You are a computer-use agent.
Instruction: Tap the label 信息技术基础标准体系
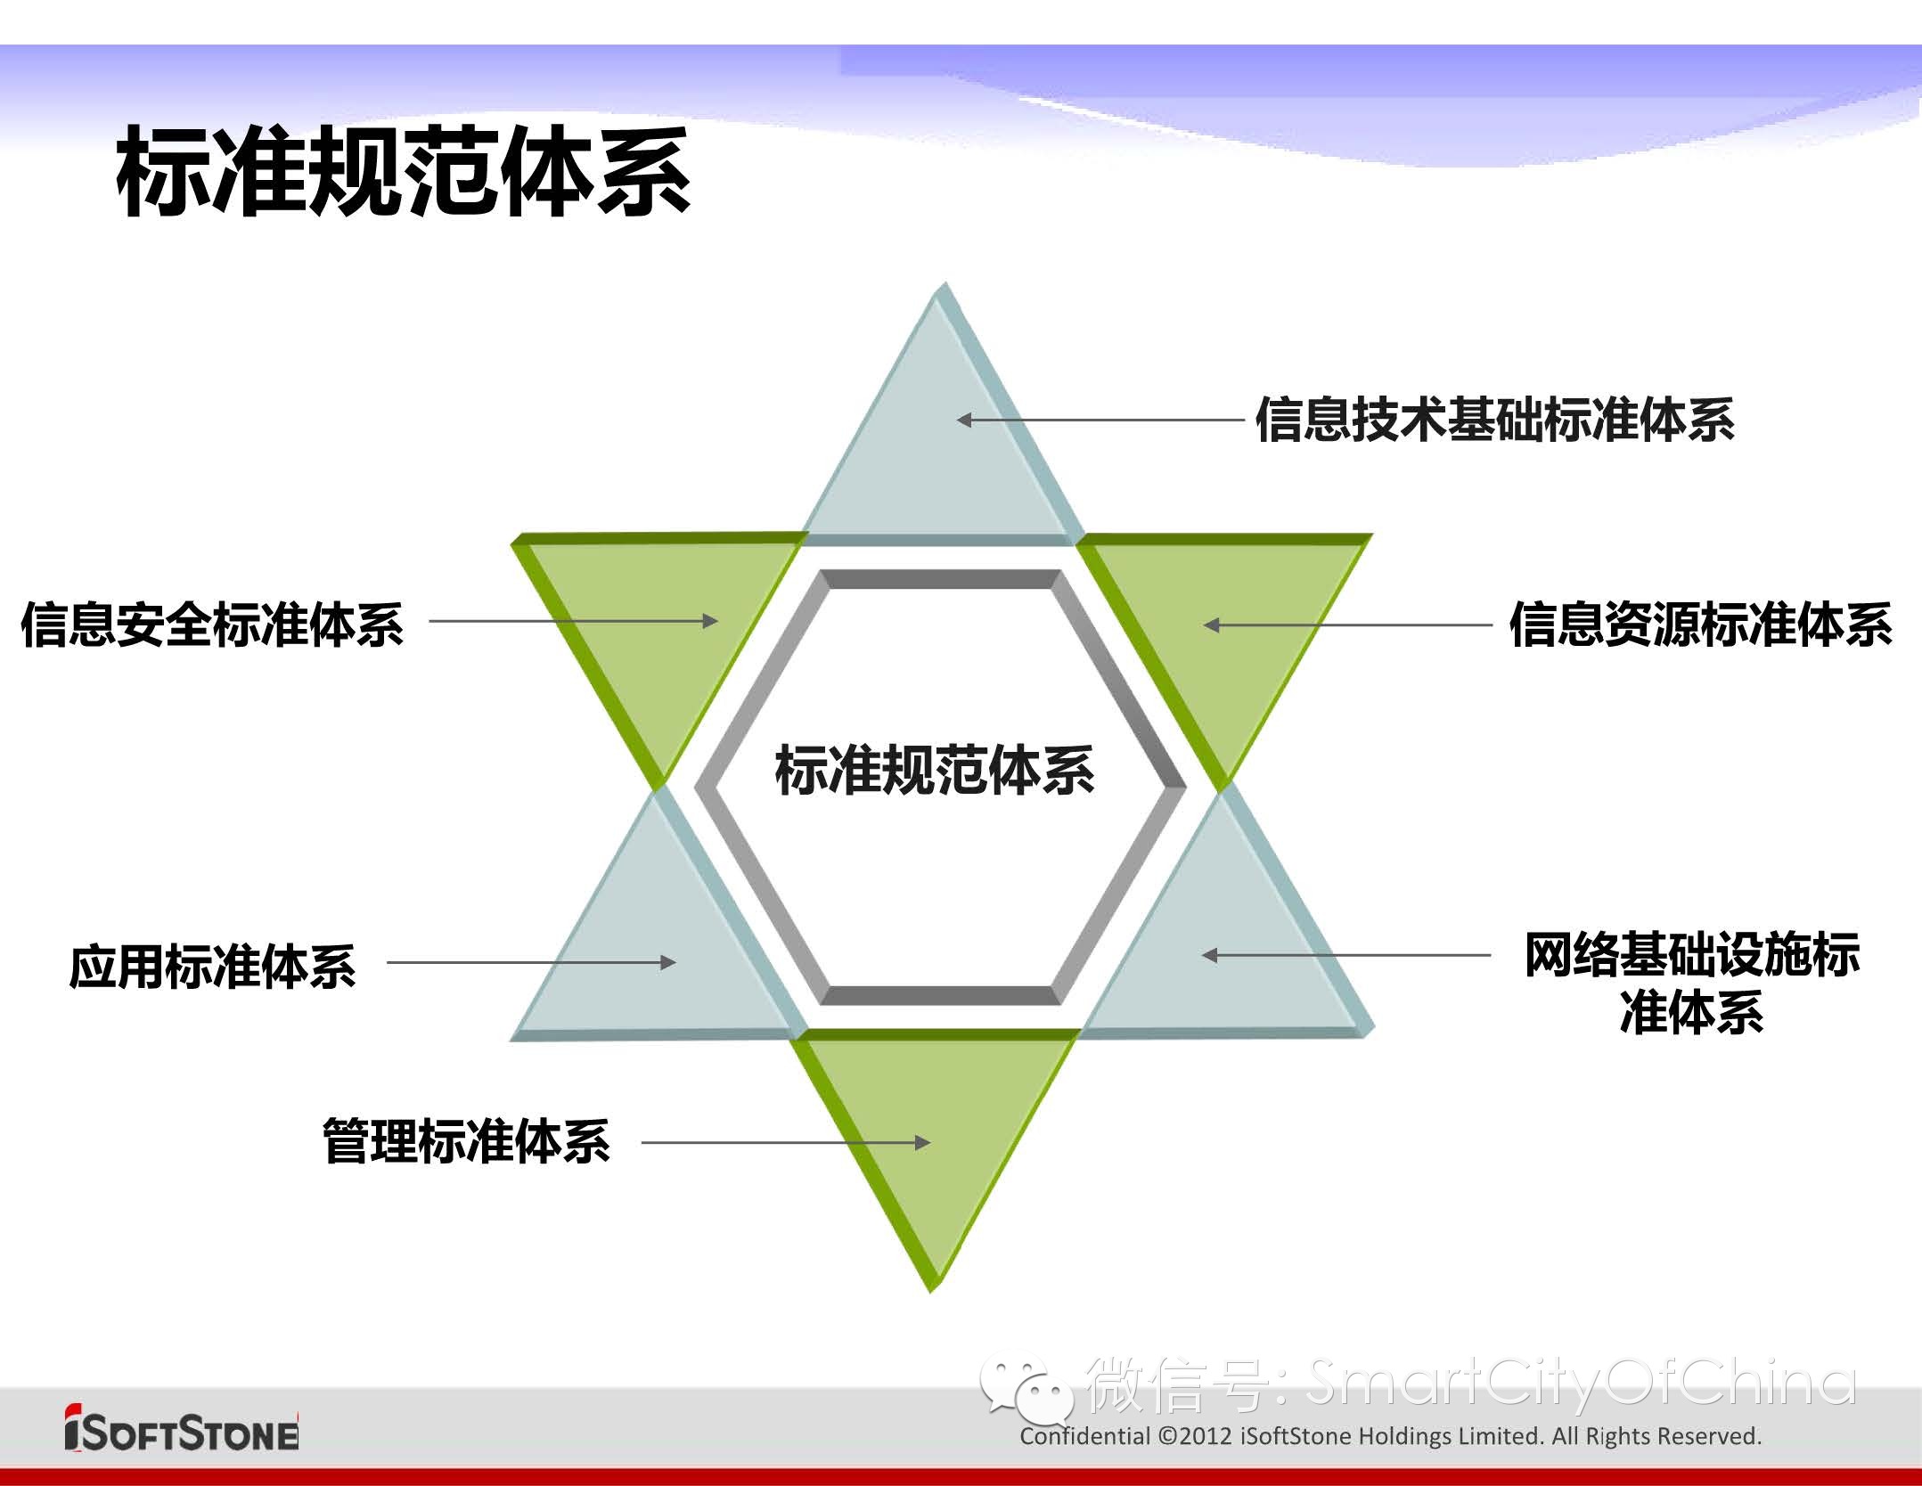[x=1495, y=420]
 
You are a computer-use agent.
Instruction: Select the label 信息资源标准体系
[x=1700, y=625]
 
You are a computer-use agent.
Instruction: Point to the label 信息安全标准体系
[x=212, y=624]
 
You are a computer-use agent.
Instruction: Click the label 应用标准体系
[x=212, y=967]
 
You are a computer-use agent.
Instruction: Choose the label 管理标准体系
[x=466, y=1141]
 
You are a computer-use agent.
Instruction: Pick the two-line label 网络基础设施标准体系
[x=1691, y=984]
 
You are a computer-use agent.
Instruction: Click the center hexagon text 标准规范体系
[x=935, y=771]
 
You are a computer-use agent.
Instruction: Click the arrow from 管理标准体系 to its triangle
[x=786, y=1142]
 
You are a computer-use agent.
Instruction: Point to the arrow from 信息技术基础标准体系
[x=1100, y=420]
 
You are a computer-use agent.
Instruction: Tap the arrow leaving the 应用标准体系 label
[x=532, y=962]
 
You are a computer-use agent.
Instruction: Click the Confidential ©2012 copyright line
[x=1391, y=1436]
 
